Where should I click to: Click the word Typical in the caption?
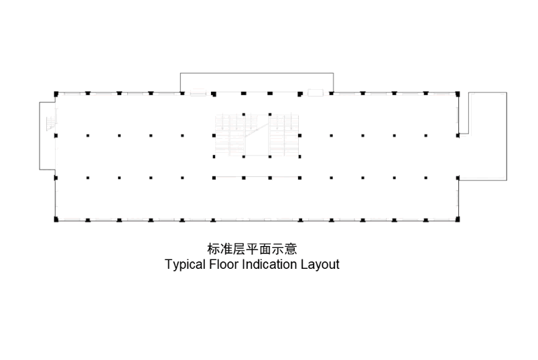pos(186,265)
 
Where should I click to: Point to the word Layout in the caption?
pos(320,265)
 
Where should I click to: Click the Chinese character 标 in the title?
pos(214,249)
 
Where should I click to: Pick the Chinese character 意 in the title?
pos(291,249)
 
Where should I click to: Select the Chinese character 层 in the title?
pos(239,249)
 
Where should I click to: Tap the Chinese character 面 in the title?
pos(265,249)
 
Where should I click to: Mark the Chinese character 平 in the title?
pos(252,249)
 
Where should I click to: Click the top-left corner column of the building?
pos(56,94)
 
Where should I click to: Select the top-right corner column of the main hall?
pos(458,94)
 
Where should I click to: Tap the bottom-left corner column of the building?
pos(56,219)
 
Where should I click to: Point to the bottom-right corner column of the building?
pos(458,219)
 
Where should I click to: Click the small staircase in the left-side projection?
pos(52,123)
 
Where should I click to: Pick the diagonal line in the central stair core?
pos(257,130)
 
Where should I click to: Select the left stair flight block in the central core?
pos(230,135)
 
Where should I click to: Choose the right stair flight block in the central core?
pos(284,135)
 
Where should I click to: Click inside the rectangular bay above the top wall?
pos(257,82)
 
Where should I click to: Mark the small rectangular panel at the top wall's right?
pos(316,93)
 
